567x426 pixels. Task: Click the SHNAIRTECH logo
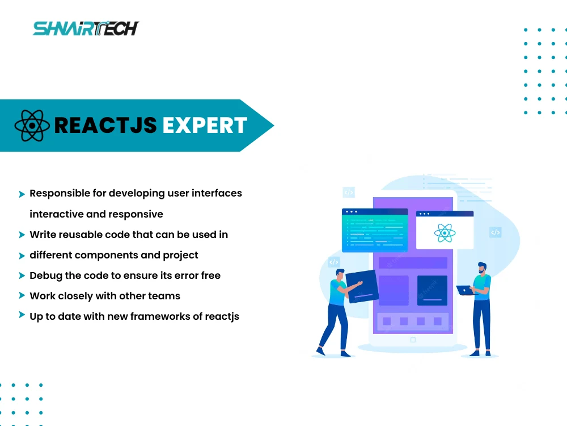[86, 28]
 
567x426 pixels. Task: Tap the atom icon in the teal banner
[32, 126]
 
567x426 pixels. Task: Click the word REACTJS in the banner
[105, 126]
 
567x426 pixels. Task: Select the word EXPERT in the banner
[205, 126]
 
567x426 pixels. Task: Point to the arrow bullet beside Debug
[22, 275]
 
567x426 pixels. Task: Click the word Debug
[46, 275]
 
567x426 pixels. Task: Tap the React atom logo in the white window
[445, 232]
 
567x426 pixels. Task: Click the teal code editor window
[375, 230]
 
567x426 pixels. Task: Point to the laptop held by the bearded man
[466, 290]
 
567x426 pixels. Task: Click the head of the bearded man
[482, 268]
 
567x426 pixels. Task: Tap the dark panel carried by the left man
[362, 286]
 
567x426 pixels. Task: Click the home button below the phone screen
[413, 340]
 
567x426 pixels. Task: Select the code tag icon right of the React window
[496, 232]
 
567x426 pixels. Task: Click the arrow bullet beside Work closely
[22, 295]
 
